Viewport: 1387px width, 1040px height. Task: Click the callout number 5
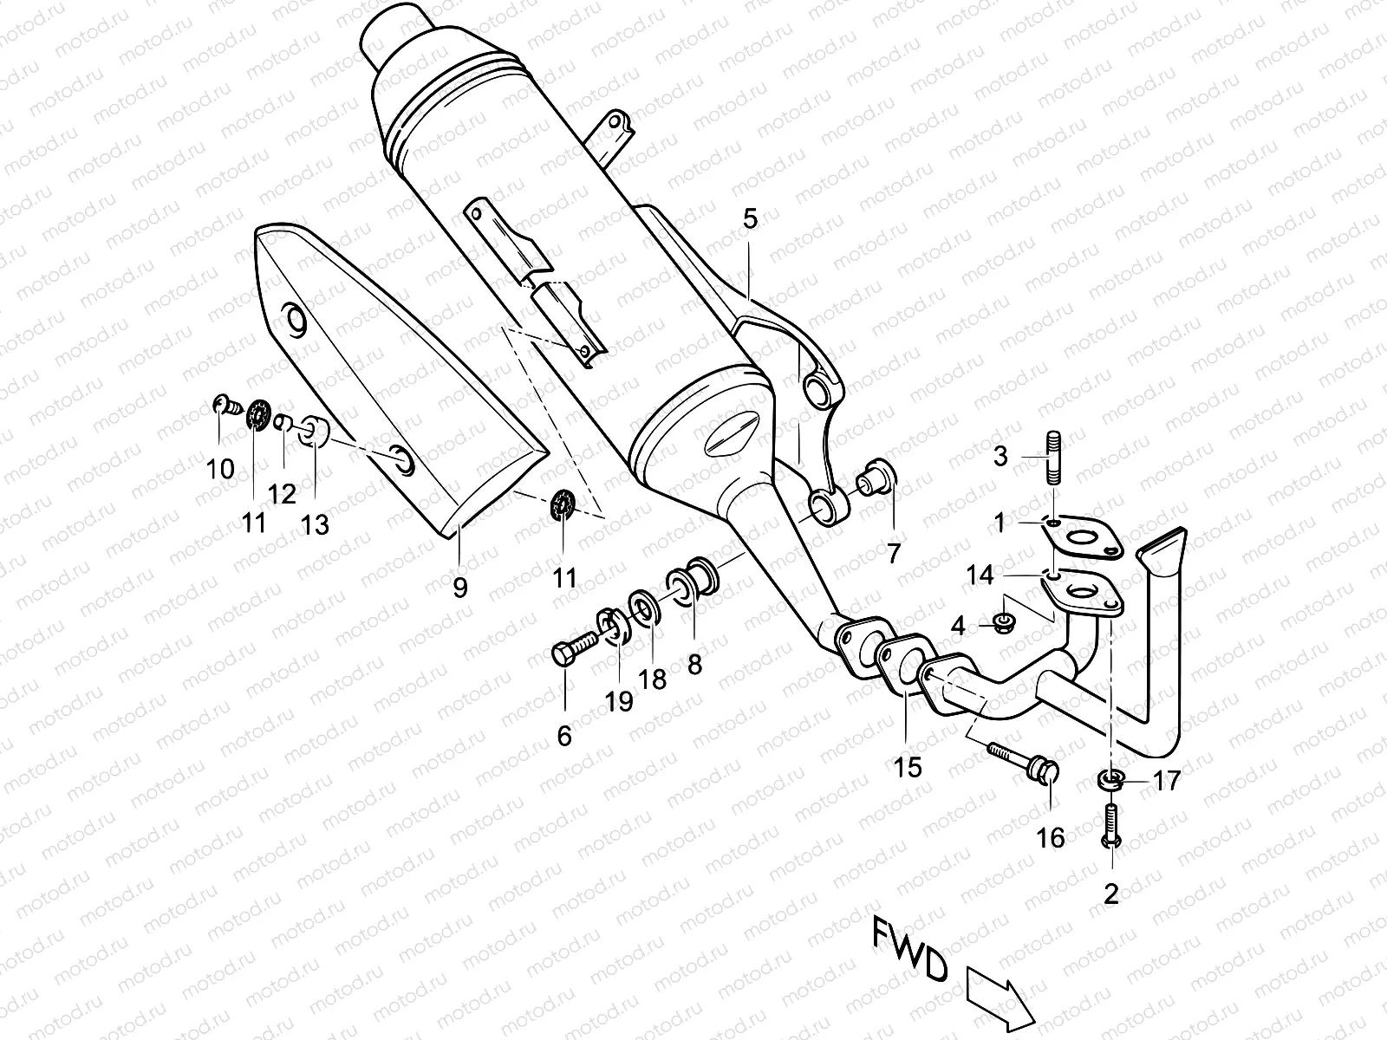pyautogui.click(x=750, y=219)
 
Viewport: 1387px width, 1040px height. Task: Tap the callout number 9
pyautogui.click(x=460, y=588)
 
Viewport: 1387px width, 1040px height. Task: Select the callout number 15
pyautogui.click(x=908, y=767)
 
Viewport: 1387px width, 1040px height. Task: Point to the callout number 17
pyautogui.click(x=1167, y=781)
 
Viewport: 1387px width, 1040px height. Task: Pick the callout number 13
pyautogui.click(x=316, y=524)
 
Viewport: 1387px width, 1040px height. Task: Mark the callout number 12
pyautogui.click(x=283, y=494)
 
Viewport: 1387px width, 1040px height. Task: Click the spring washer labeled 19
pyautogui.click(x=614, y=627)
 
